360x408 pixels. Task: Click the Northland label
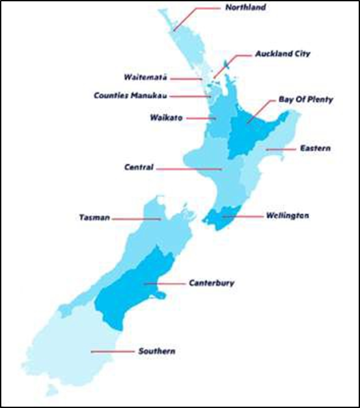[x=245, y=8]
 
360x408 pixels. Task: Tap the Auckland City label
[x=283, y=54]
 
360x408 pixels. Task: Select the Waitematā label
[x=146, y=77]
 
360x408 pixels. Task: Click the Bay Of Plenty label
[x=305, y=100]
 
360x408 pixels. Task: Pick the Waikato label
[x=165, y=118]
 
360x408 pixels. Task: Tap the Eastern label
[x=315, y=148]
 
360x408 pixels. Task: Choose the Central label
[x=139, y=167]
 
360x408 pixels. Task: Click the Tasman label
[x=94, y=218]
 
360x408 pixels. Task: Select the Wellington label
[x=287, y=215]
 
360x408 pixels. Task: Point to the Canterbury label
[x=211, y=283]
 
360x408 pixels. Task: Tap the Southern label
[x=156, y=351]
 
